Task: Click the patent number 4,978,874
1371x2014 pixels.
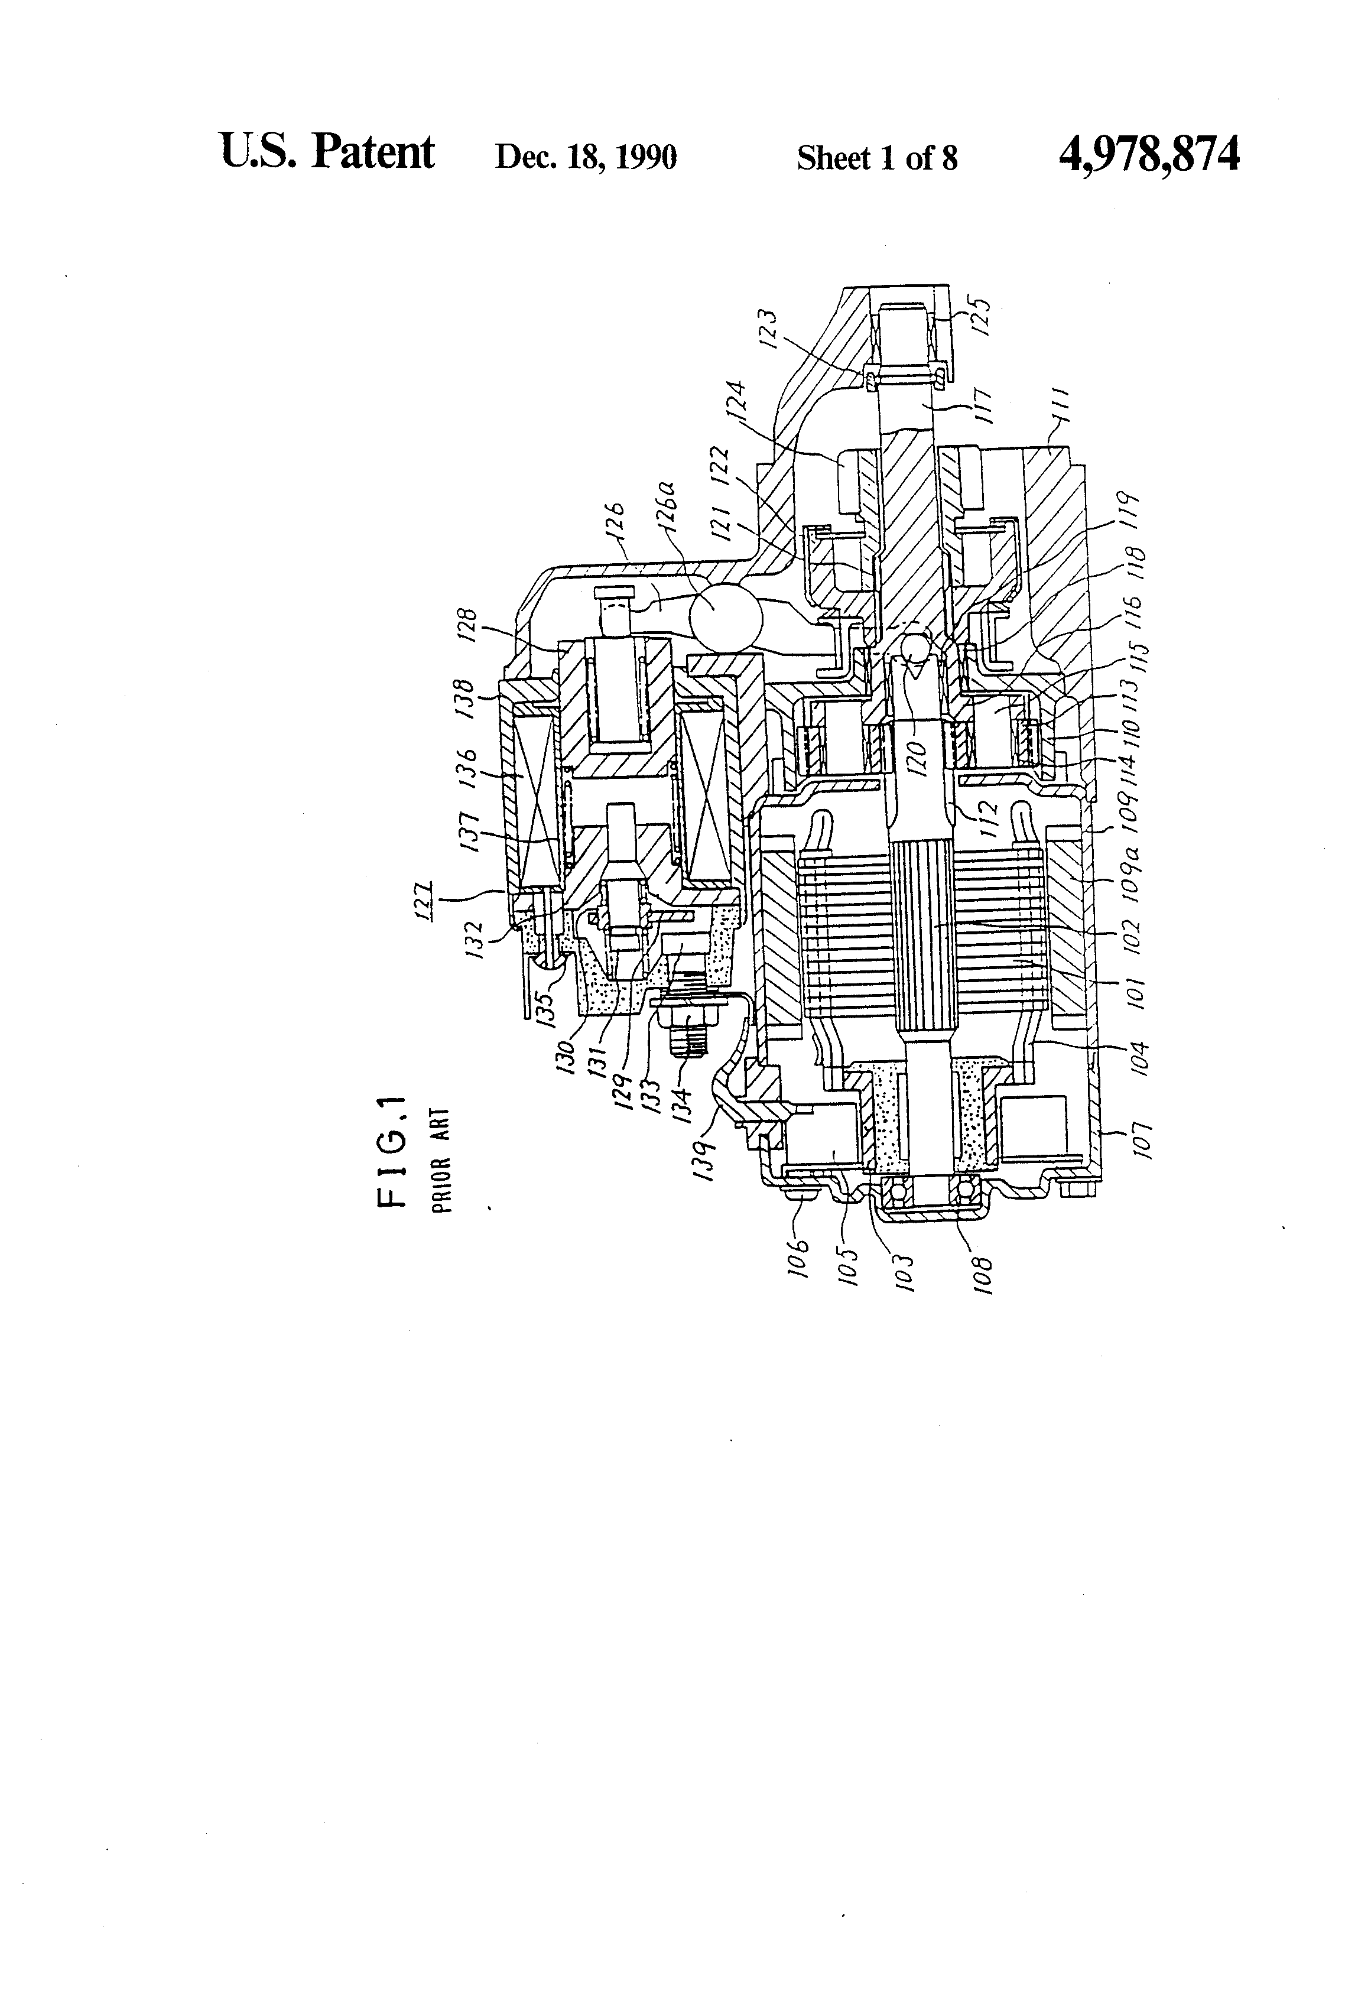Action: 1148,154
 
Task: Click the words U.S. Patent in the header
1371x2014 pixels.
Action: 327,152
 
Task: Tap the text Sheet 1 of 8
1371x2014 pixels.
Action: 877,158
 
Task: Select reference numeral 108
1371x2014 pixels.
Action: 982,1274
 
